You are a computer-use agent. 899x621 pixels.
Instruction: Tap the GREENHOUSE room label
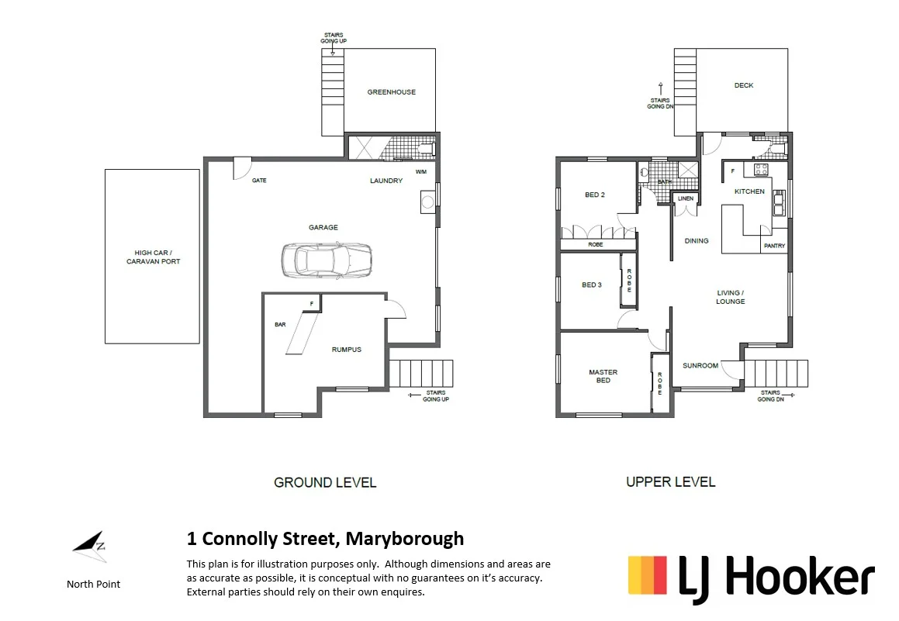[x=391, y=92]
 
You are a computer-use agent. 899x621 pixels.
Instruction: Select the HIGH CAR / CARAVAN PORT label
[x=153, y=257]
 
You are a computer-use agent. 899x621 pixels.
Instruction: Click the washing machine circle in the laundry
[x=427, y=204]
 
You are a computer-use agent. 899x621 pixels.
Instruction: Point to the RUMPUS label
[x=346, y=350]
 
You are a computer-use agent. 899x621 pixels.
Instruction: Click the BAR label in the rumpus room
[x=280, y=324]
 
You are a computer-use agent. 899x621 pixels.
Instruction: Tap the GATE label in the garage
[x=259, y=181]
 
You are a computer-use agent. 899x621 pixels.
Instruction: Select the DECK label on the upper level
[x=743, y=86]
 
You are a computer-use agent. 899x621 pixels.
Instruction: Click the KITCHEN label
[x=749, y=191]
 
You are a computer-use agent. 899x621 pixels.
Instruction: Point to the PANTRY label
[x=774, y=246]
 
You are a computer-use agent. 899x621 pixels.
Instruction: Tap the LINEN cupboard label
[x=685, y=199]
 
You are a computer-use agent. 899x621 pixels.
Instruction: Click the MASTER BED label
[x=603, y=376]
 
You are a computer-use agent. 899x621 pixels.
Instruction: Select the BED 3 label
[x=591, y=285]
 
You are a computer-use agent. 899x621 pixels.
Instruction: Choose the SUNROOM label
[x=700, y=365]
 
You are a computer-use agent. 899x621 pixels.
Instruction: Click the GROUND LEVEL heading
[x=325, y=482]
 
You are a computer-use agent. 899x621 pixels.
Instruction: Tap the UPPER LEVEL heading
[x=670, y=482]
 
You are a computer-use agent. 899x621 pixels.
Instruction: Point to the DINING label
[x=696, y=241]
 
